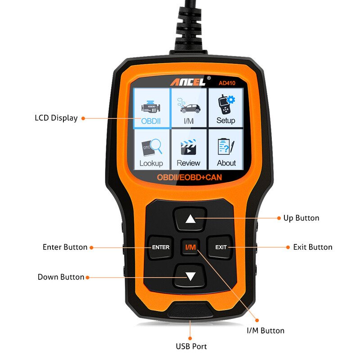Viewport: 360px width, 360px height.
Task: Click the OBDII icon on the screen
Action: (152, 108)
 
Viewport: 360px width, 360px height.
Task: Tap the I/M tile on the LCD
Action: (189, 108)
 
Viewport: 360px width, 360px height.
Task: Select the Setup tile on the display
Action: (225, 108)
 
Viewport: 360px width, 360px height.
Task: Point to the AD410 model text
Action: (228, 82)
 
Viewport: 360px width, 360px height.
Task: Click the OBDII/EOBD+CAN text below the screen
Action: (189, 177)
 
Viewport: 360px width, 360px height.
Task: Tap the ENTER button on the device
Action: (161, 247)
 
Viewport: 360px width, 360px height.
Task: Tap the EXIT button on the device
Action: (221, 247)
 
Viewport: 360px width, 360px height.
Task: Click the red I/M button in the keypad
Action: (191, 247)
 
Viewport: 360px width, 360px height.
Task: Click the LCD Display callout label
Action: (56, 118)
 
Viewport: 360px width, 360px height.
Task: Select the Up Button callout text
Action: (301, 218)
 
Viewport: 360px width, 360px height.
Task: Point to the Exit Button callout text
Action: (313, 247)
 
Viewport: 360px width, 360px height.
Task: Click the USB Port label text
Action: (191, 346)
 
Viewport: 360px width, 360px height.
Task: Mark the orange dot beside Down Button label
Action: (88, 277)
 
